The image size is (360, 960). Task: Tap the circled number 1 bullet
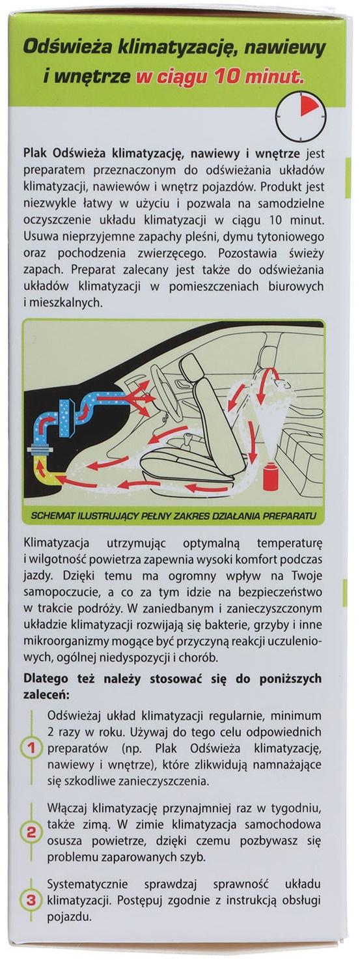[30, 748]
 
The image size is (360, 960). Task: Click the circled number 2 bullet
[30, 832]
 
